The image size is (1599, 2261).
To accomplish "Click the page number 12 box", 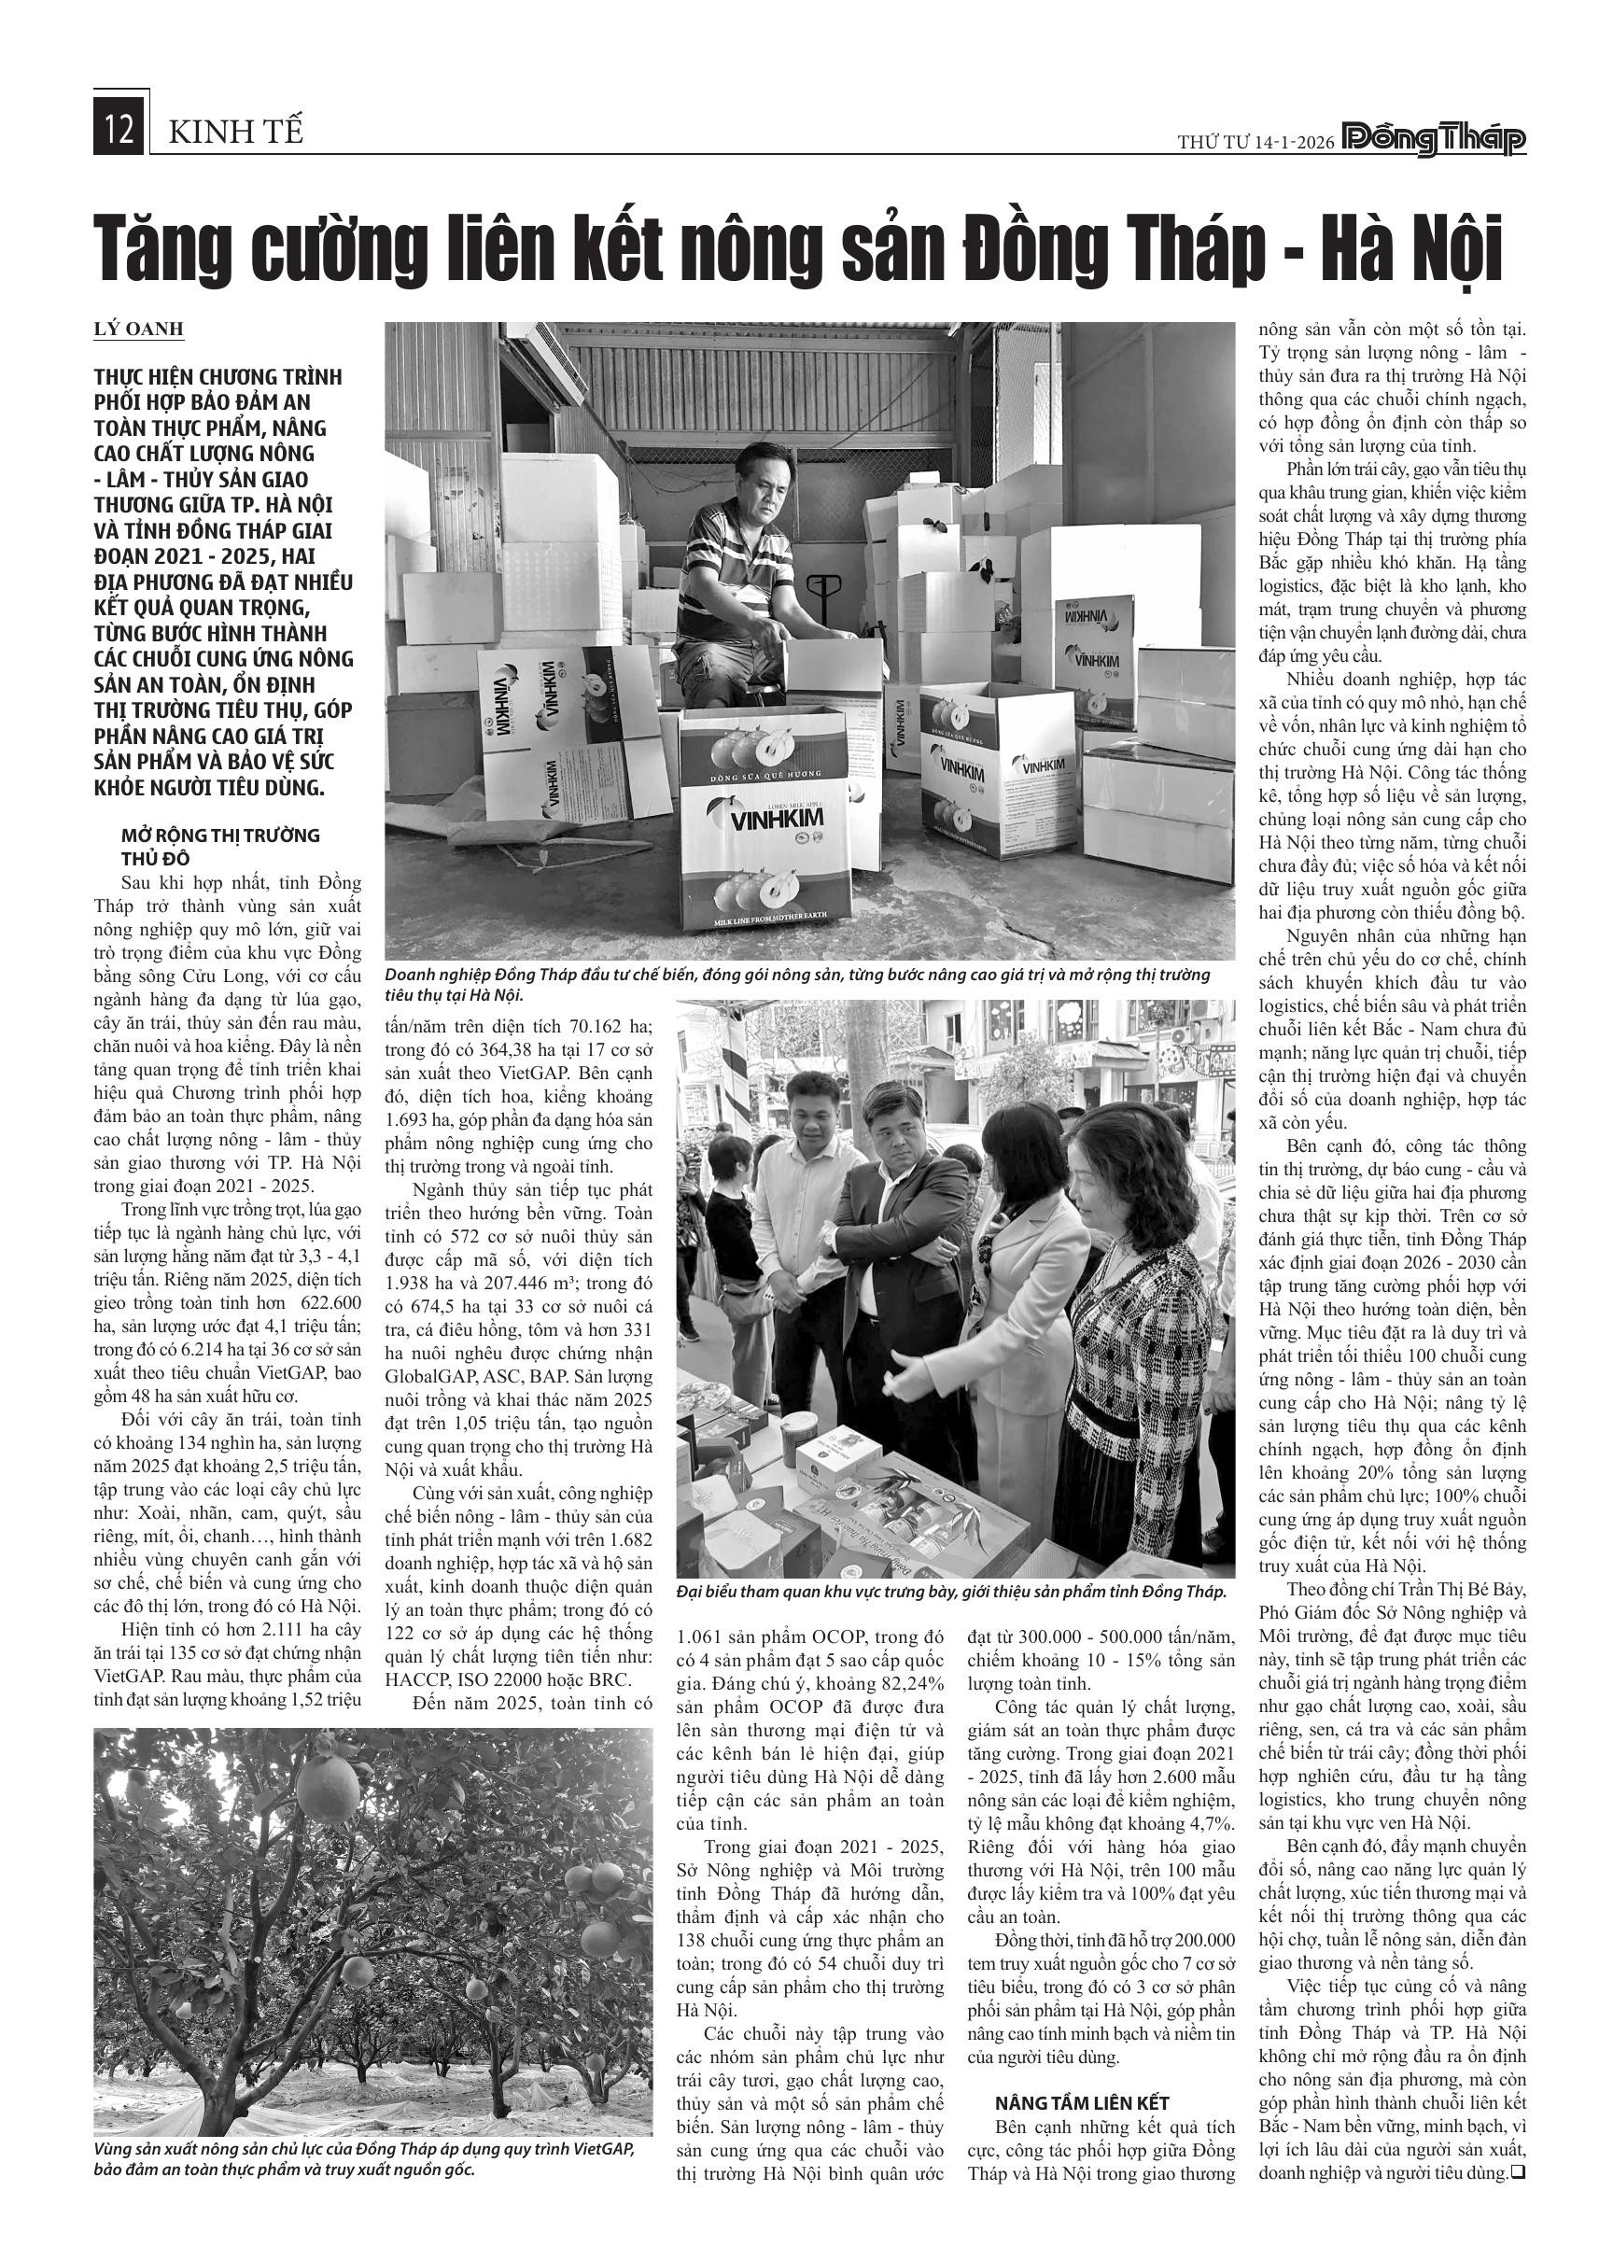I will (x=120, y=131).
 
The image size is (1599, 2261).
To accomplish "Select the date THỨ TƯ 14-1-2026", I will (x=1255, y=143).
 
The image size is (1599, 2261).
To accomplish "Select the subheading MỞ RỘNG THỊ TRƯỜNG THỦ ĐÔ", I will (x=219, y=846).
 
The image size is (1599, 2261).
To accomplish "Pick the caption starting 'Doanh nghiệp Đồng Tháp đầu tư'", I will (x=797, y=985).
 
